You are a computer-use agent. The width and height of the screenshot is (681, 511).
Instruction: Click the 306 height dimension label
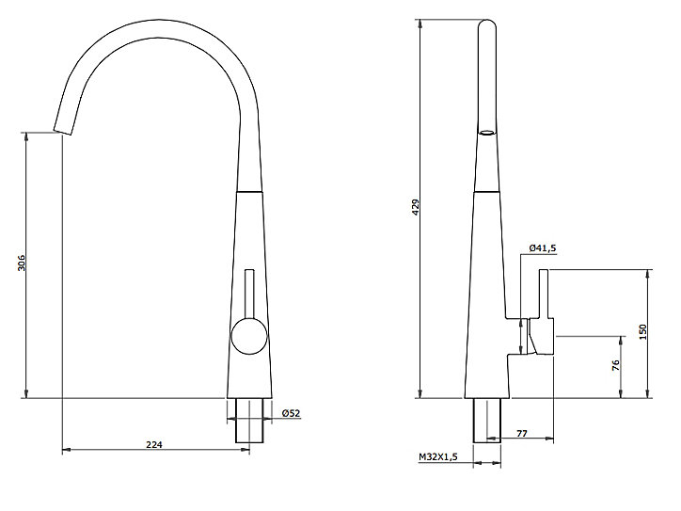[x=22, y=263]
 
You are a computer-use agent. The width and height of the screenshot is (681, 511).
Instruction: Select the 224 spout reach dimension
[x=153, y=444]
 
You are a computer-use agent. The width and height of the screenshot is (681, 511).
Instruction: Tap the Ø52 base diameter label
[x=291, y=413]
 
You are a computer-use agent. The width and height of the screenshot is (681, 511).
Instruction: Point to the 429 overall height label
[x=416, y=208]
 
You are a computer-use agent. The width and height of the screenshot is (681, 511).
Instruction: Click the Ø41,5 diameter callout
[x=543, y=248]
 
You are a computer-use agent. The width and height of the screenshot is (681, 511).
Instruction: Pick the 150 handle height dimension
[x=643, y=332]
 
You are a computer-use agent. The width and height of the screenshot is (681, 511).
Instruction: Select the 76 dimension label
[x=615, y=365]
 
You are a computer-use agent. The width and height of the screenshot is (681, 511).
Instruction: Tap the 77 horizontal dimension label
[x=522, y=433]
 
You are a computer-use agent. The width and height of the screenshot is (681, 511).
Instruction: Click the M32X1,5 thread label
[x=437, y=456]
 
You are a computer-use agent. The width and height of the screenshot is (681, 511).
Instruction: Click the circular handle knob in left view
[x=249, y=336]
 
